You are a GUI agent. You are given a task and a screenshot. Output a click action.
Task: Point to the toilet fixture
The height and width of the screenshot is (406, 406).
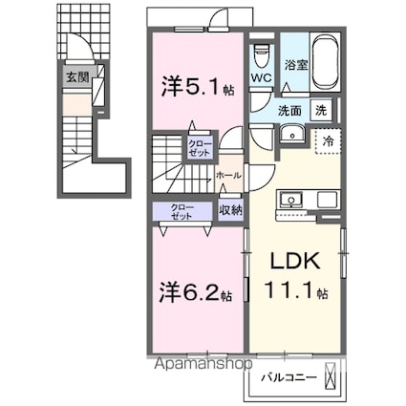[x=262, y=53]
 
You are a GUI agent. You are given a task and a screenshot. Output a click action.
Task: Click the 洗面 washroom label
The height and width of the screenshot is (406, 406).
[x=291, y=109]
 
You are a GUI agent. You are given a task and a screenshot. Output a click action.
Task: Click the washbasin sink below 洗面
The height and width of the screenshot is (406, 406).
[x=293, y=135]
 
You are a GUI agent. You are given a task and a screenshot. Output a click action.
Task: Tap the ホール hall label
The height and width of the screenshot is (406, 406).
[x=228, y=176]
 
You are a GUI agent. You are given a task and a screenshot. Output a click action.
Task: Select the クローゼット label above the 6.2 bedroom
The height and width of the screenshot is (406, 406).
[x=181, y=211]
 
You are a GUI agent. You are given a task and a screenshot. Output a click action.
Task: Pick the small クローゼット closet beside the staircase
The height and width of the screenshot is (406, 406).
[x=199, y=147]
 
